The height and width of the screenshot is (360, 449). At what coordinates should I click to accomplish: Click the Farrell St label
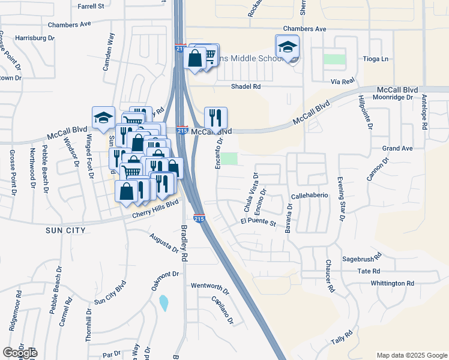91,6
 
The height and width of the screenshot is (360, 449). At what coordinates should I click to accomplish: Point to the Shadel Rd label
246,86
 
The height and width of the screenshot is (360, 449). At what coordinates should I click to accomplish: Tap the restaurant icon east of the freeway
215,117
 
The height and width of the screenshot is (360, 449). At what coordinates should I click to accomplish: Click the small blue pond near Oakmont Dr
164,303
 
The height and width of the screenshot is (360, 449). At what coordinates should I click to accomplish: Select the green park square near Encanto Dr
229,158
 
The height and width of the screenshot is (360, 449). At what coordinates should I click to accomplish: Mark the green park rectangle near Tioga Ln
334,59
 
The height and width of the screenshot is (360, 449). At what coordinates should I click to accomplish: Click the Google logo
20,353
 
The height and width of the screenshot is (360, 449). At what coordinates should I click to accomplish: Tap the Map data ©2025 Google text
412,355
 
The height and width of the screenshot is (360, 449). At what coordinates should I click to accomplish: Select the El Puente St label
258,223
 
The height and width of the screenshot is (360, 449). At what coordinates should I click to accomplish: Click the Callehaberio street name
309,196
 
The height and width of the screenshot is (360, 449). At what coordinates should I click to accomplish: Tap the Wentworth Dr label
210,287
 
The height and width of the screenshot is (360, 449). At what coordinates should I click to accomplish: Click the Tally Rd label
341,337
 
